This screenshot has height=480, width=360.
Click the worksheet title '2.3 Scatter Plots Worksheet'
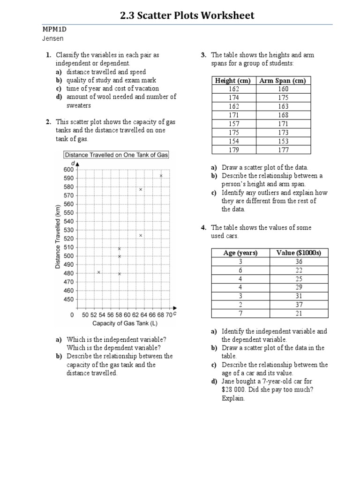(187, 15)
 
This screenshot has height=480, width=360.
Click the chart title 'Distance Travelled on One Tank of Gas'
(116, 155)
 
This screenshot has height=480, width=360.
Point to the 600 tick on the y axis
(68, 170)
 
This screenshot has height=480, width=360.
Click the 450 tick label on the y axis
(68, 299)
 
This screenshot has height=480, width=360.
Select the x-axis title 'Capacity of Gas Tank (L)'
(121, 323)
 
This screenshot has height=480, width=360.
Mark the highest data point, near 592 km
(161, 176)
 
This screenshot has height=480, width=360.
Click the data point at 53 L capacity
(99, 272)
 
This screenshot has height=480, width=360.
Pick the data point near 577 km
(141, 189)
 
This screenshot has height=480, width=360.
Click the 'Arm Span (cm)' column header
(283, 81)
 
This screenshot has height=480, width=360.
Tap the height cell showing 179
(233, 150)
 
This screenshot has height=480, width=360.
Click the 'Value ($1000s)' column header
(299, 253)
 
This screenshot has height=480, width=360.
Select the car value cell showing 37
(299, 305)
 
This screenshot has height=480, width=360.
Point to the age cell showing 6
(240, 270)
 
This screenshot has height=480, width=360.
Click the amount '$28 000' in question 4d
(236, 390)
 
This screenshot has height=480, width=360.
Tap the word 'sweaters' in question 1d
(79, 105)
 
